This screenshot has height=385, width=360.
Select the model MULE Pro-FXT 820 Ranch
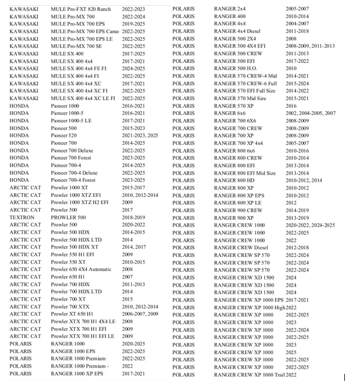point(80,10)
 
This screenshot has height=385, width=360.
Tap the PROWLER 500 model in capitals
point(68,217)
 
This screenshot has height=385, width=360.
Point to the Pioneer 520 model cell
point(63,136)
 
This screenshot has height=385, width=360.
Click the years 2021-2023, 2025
point(140,136)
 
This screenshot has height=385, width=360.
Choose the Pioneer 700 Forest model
point(71,158)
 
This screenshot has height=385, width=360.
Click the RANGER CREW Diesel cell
point(241,247)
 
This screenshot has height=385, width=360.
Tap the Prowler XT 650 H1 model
point(73,314)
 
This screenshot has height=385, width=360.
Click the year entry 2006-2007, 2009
point(140,314)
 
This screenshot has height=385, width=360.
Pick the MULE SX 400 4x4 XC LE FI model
point(83,98)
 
